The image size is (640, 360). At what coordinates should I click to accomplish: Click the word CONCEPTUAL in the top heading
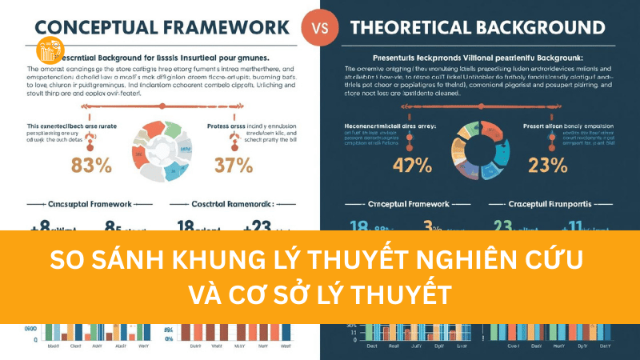click(88, 27)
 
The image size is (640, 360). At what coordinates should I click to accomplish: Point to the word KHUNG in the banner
click(209, 260)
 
